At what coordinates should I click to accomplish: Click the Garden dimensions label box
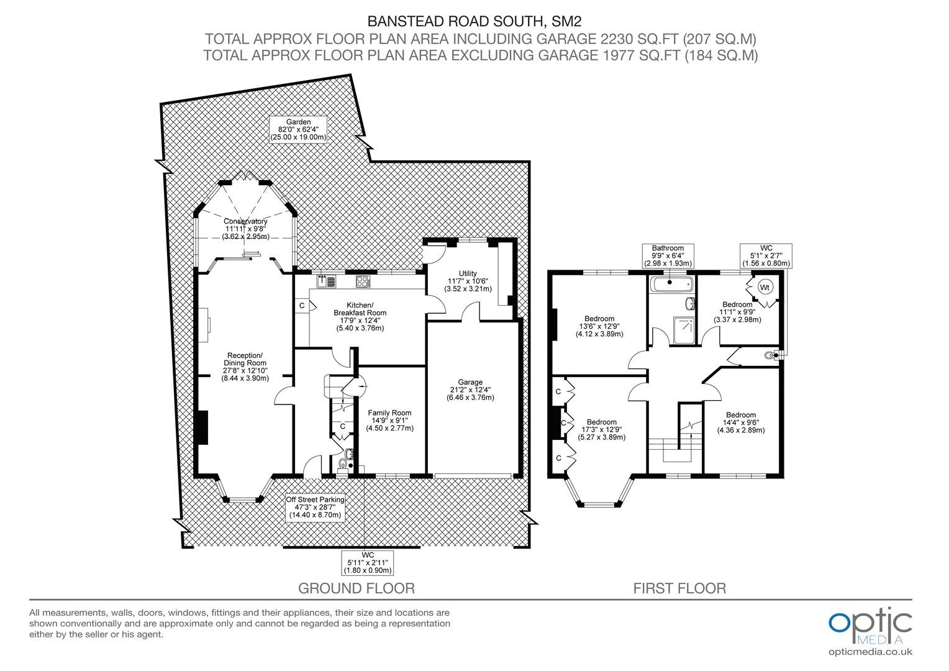tap(298, 129)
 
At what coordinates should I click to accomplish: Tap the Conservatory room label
tap(246, 229)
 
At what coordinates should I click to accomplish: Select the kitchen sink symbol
tap(326, 281)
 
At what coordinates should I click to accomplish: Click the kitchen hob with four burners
tap(363, 281)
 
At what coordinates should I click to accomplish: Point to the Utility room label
tap(468, 281)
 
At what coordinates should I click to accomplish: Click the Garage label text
tap(470, 390)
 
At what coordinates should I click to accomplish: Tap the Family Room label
tap(390, 421)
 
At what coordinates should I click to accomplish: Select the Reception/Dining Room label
tap(245, 367)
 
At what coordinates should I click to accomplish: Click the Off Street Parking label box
tap(315, 508)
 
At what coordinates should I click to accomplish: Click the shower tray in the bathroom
tap(684, 331)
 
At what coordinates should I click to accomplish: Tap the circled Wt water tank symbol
tap(765, 288)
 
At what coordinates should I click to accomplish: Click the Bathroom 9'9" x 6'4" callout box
tap(668, 256)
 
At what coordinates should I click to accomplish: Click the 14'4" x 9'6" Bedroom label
tap(740, 422)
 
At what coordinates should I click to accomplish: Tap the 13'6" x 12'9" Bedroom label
tap(599, 326)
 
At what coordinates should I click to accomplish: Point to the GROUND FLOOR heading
tap(356, 588)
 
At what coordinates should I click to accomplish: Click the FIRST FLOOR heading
tap(679, 588)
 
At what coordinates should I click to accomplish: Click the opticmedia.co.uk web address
tap(870, 652)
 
